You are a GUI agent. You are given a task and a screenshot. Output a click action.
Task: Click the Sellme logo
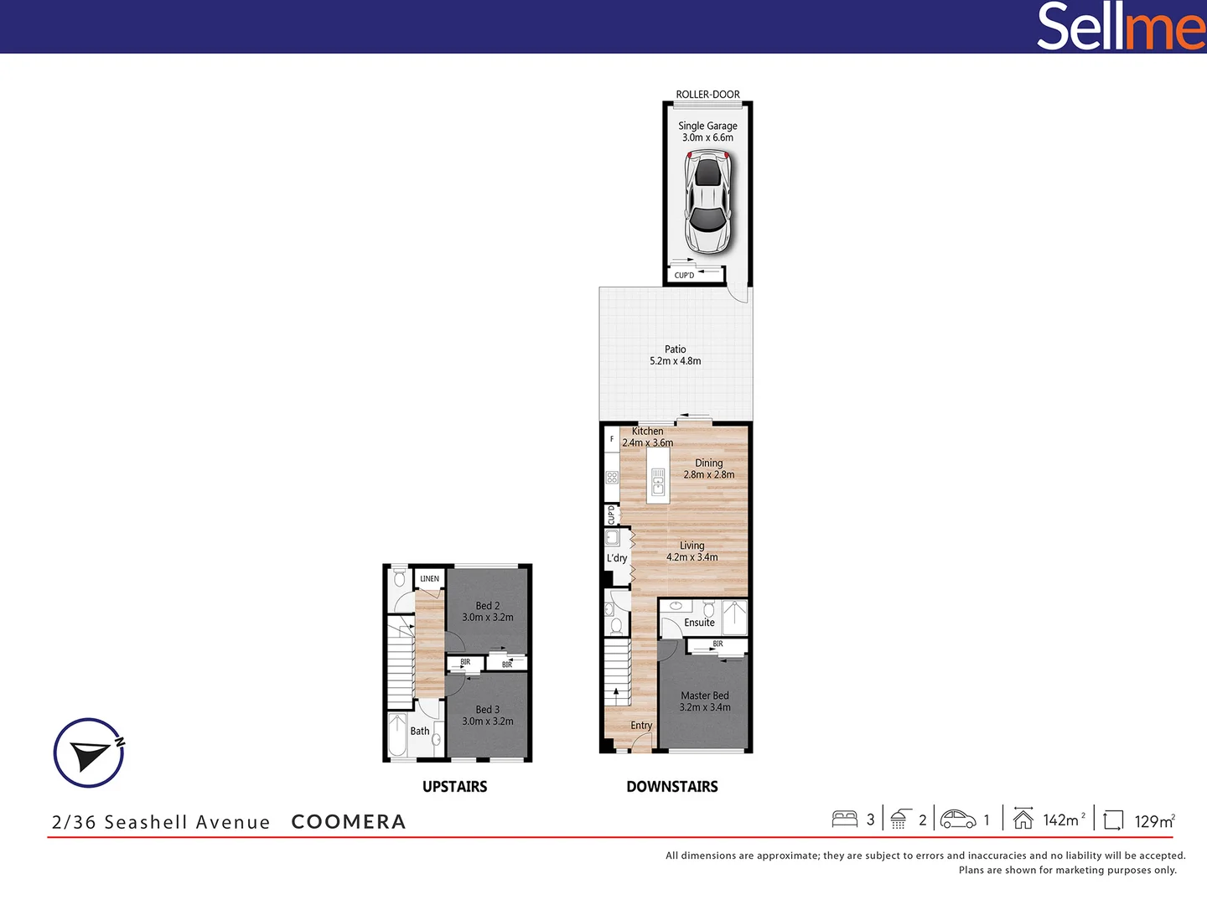(x=1120, y=27)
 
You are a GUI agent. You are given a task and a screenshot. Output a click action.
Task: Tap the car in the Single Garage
(x=707, y=202)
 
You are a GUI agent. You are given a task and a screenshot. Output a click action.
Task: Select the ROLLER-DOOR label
(x=707, y=95)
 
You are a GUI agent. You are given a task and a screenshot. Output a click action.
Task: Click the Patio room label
(x=675, y=349)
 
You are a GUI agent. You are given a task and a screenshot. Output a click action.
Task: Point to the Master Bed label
(x=704, y=696)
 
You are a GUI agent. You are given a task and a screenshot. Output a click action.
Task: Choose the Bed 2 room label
(x=487, y=606)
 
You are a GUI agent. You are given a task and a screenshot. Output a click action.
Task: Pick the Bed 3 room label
(x=487, y=710)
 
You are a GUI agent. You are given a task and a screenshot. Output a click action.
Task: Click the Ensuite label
(x=699, y=623)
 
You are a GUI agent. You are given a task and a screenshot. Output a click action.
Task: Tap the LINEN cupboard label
(x=429, y=579)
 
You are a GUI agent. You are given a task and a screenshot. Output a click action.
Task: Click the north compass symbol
(x=89, y=752)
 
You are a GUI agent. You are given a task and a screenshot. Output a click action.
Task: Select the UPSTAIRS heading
(x=454, y=787)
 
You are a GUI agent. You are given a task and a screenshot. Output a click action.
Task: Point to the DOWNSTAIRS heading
(x=671, y=787)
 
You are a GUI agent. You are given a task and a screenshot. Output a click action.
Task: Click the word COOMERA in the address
(x=348, y=822)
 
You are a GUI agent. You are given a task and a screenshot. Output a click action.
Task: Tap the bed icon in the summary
(x=844, y=819)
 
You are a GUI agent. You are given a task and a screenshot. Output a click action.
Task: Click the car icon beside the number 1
(x=958, y=819)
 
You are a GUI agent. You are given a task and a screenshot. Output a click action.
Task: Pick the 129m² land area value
(x=1154, y=821)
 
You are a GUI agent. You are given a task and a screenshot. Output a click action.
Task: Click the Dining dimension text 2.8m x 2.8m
(x=708, y=475)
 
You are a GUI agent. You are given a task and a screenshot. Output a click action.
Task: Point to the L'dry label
(x=617, y=558)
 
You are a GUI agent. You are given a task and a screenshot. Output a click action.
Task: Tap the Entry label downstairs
(x=641, y=726)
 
